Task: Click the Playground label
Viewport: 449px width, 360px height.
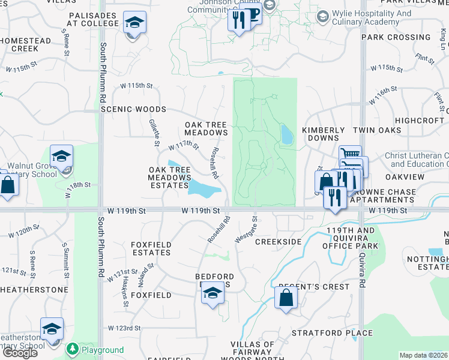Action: point(103,350)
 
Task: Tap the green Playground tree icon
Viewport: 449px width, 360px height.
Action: point(73,349)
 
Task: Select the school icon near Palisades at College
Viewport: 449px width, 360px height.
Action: point(134,23)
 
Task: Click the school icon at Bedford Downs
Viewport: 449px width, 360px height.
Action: point(211,293)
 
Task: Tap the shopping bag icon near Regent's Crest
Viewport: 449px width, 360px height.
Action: point(286,296)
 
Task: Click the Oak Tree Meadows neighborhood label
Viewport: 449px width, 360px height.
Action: point(206,128)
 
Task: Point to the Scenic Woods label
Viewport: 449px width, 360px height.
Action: point(133,110)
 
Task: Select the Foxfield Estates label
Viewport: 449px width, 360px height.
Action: point(151,249)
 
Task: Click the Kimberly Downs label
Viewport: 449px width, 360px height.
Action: point(324,134)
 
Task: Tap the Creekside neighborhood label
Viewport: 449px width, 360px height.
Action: point(278,241)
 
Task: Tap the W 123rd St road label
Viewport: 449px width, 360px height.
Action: point(124,328)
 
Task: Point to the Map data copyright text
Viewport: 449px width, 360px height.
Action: point(424,355)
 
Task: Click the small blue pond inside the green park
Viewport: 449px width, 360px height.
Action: point(287,134)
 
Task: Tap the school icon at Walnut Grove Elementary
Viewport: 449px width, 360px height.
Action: point(61,157)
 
